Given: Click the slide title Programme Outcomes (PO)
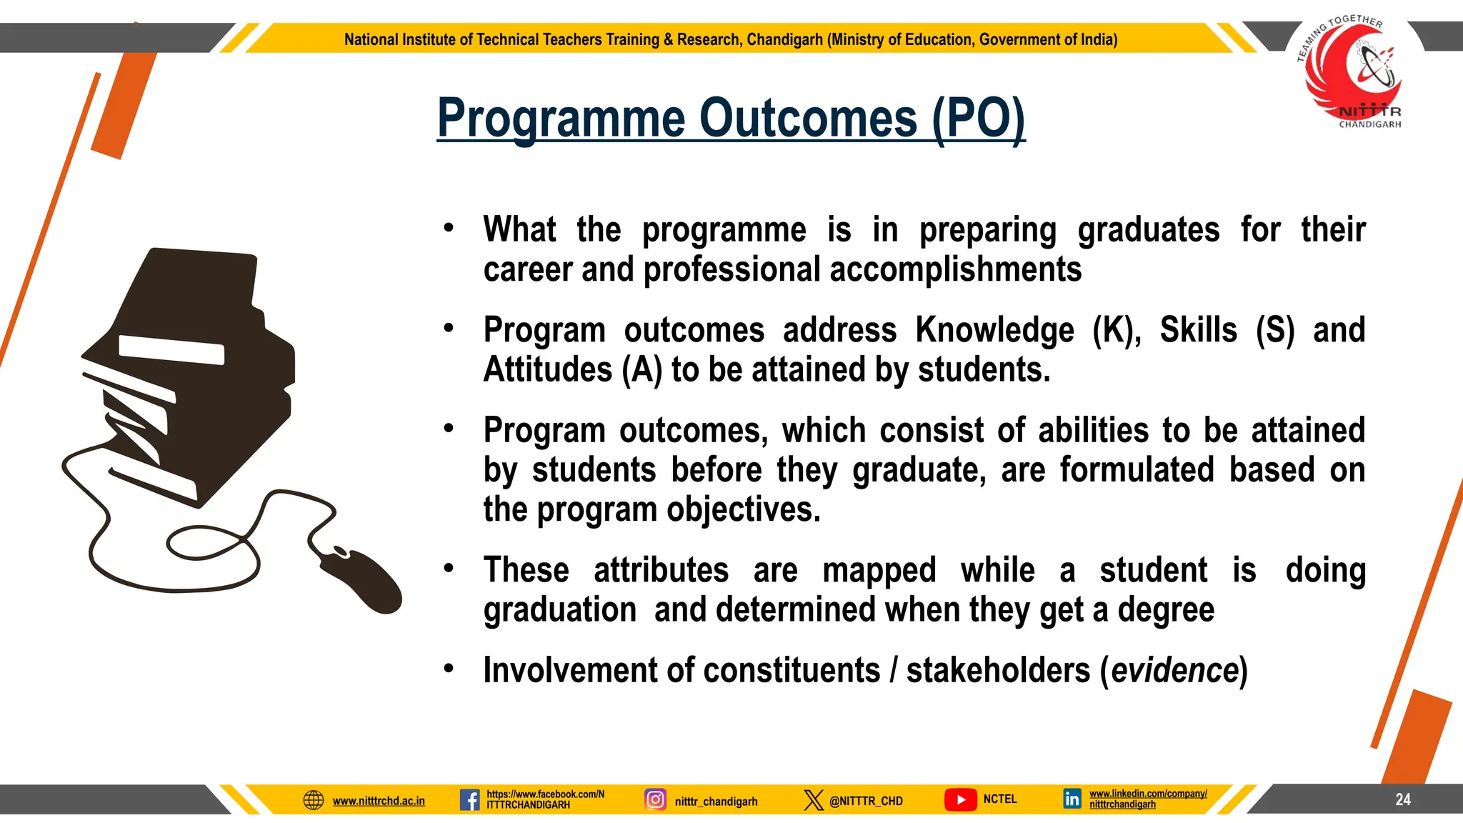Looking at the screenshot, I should pos(731,119).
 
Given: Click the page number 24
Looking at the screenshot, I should pos(1402,799).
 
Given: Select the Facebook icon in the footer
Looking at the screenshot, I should pos(469,799).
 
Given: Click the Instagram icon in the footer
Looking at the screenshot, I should pos(655,799).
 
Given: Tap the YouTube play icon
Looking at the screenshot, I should pos(961,799).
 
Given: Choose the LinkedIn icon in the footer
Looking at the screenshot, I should pos(1072,799).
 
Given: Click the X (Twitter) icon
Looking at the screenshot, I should pos(813,799).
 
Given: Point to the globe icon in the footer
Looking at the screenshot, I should pos(314,800).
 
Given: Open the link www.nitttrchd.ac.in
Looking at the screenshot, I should pos(379,801).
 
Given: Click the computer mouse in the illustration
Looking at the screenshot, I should pos(361,579).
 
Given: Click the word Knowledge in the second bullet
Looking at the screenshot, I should pos(994,331).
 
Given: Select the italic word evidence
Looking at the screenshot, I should pos(1174,671).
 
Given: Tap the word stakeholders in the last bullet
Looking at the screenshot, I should pos(998,671).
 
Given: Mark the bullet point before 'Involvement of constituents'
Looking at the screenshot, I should pos(449,669).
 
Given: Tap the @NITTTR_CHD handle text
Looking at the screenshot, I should pos(866,801).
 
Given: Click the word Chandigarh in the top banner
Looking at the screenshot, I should pos(784,39).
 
